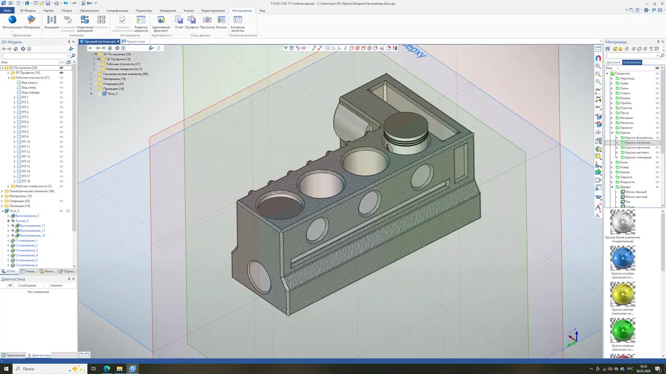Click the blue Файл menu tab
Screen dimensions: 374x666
point(7,11)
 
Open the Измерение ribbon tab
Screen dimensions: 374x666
point(168,11)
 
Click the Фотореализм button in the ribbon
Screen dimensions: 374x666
point(12,23)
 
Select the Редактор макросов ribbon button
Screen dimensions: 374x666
point(141,23)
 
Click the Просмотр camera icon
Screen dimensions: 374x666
point(207,22)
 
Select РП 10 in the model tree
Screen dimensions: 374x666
point(25,142)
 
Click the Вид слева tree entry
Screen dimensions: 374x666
point(29,87)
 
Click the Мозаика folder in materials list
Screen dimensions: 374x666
point(626,118)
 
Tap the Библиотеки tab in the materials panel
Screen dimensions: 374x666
point(632,62)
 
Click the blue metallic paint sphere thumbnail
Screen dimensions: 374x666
point(622,259)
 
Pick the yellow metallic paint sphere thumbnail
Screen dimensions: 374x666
point(622,295)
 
